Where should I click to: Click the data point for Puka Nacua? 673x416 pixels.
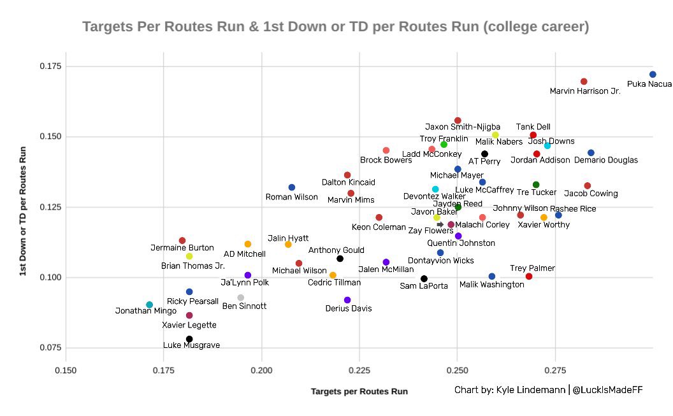click(x=653, y=75)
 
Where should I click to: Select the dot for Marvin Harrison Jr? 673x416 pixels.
click(x=584, y=82)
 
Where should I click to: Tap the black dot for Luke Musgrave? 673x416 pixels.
click(x=189, y=339)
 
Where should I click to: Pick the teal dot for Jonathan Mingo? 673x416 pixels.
click(x=150, y=305)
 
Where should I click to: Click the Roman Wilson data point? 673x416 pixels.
click(x=292, y=187)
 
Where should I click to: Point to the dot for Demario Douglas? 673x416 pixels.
click(x=591, y=153)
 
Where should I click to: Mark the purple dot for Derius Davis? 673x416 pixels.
click(x=347, y=300)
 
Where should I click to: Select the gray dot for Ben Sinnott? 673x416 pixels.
click(x=240, y=298)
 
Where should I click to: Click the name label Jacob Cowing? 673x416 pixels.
click(x=591, y=194)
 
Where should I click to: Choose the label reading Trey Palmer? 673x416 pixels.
click(x=532, y=268)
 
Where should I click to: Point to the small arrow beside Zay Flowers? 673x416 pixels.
click(x=440, y=224)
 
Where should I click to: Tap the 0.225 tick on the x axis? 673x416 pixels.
click(x=359, y=369)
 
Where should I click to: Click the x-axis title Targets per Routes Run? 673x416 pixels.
click(x=359, y=391)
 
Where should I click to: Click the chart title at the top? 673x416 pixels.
click(x=336, y=27)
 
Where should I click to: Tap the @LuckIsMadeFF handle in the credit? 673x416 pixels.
click(x=607, y=389)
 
